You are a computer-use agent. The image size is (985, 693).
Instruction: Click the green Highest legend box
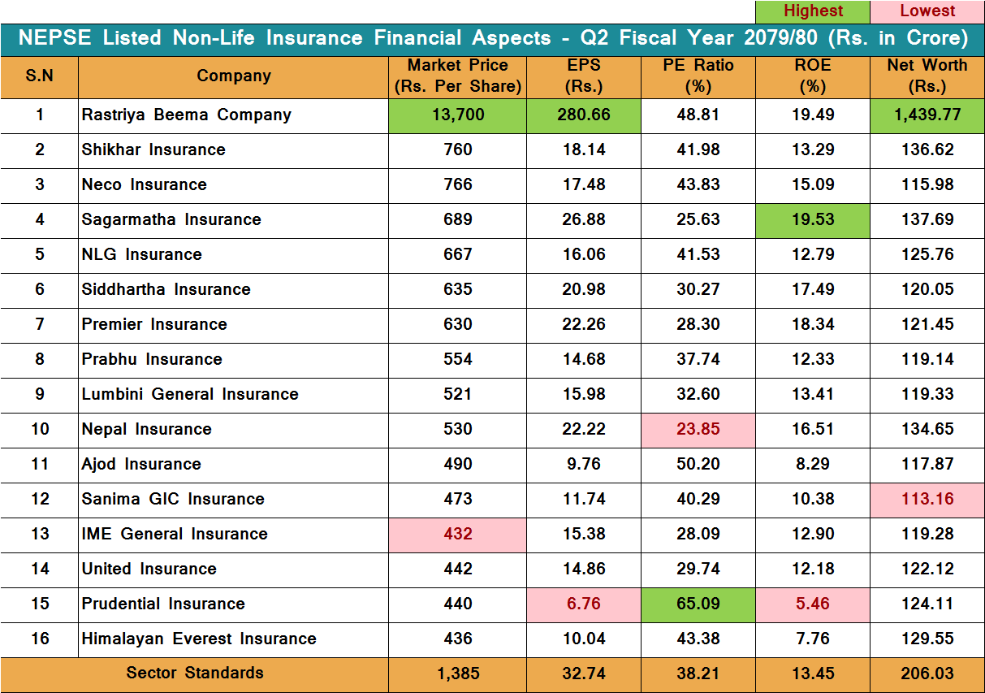(812, 11)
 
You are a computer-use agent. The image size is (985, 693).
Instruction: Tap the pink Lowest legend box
(927, 11)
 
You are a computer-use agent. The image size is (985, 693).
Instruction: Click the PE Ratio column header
(698, 76)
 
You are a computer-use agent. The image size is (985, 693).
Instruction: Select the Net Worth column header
(927, 76)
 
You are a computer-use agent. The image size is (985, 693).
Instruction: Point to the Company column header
(233, 76)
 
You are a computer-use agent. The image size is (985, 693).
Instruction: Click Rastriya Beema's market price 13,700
(458, 115)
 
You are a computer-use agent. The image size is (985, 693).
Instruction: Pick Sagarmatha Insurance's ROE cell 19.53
(812, 219)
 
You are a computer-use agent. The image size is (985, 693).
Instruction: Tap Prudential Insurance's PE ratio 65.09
(698, 604)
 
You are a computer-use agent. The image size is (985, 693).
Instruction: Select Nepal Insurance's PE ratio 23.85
(698, 429)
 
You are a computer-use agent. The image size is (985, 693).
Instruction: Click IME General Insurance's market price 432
(458, 534)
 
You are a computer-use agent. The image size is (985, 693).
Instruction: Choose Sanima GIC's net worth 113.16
(927, 499)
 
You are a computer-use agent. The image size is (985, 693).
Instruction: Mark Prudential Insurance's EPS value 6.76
(583, 604)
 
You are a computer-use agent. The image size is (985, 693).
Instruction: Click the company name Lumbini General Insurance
(190, 394)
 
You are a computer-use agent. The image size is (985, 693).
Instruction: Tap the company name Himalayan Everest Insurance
(199, 639)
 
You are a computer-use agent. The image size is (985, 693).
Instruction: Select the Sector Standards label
(195, 673)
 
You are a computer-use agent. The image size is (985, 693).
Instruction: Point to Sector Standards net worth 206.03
(927, 674)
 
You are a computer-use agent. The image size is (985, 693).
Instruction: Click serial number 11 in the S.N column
(40, 464)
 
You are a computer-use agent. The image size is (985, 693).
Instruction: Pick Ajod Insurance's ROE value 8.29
(812, 464)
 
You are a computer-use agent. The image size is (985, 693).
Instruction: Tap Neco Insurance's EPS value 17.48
(583, 184)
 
